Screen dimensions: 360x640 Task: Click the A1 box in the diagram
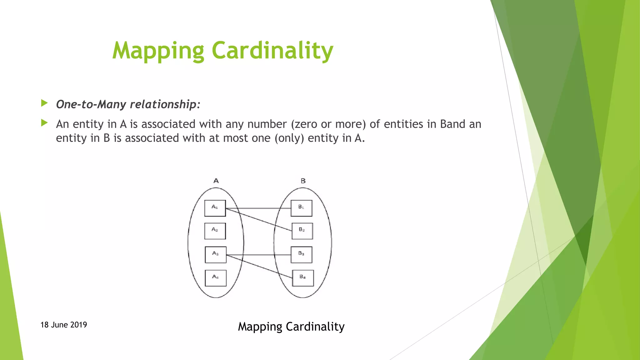(x=215, y=208)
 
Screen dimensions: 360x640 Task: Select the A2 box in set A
(x=215, y=231)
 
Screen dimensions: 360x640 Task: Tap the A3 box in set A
(x=216, y=255)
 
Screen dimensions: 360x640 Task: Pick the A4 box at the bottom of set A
(x=216, y=278)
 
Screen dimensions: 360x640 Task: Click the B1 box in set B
(x=302, y=208)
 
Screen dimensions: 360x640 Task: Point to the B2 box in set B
(x=302, y=231)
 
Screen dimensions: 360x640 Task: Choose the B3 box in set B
(x=302, y=255)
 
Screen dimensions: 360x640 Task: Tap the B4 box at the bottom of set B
(x=303, y=278)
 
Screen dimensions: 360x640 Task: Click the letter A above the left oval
(x=216, y=181)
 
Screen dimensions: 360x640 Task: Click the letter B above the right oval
(x=303, y=181)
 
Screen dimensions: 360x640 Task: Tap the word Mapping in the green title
(x=158, y=51)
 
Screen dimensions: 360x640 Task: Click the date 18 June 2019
(x=64, y=325)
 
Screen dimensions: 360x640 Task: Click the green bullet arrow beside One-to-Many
(x=44, y=103)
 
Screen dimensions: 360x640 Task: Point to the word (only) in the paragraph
(x=289, y=138)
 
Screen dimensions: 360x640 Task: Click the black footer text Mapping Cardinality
(x=291, y=327)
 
